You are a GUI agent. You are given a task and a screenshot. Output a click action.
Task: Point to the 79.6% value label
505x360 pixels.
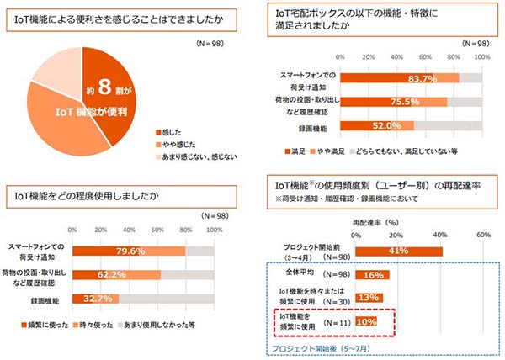coord(129,250)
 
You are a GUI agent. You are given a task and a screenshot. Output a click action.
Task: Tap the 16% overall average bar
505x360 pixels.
coord(373,274)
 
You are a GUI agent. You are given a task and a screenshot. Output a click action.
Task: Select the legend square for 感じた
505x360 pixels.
coord(159,133)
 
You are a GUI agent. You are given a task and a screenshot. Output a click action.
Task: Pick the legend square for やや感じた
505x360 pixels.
coord(159,145)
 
